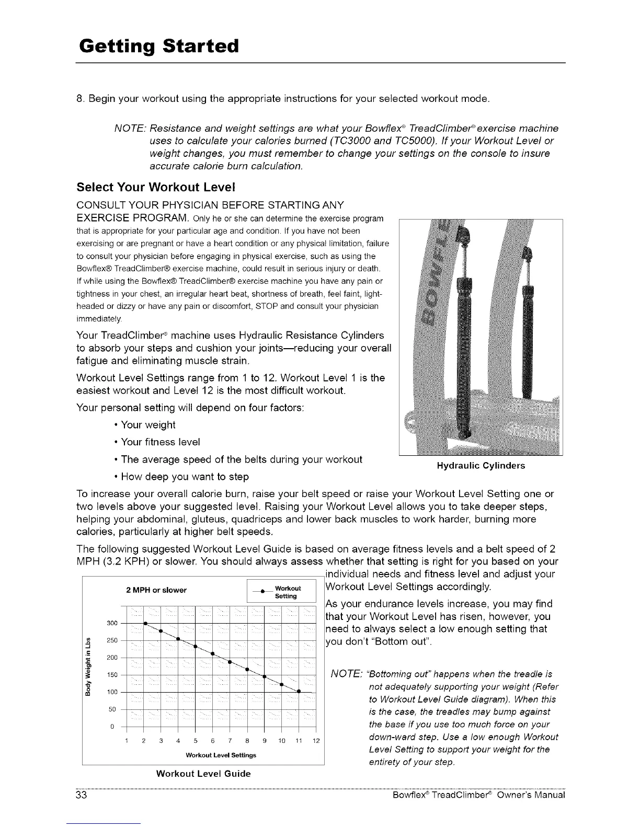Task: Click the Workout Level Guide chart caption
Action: [203, 773]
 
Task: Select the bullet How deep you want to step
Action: [185, 476]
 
